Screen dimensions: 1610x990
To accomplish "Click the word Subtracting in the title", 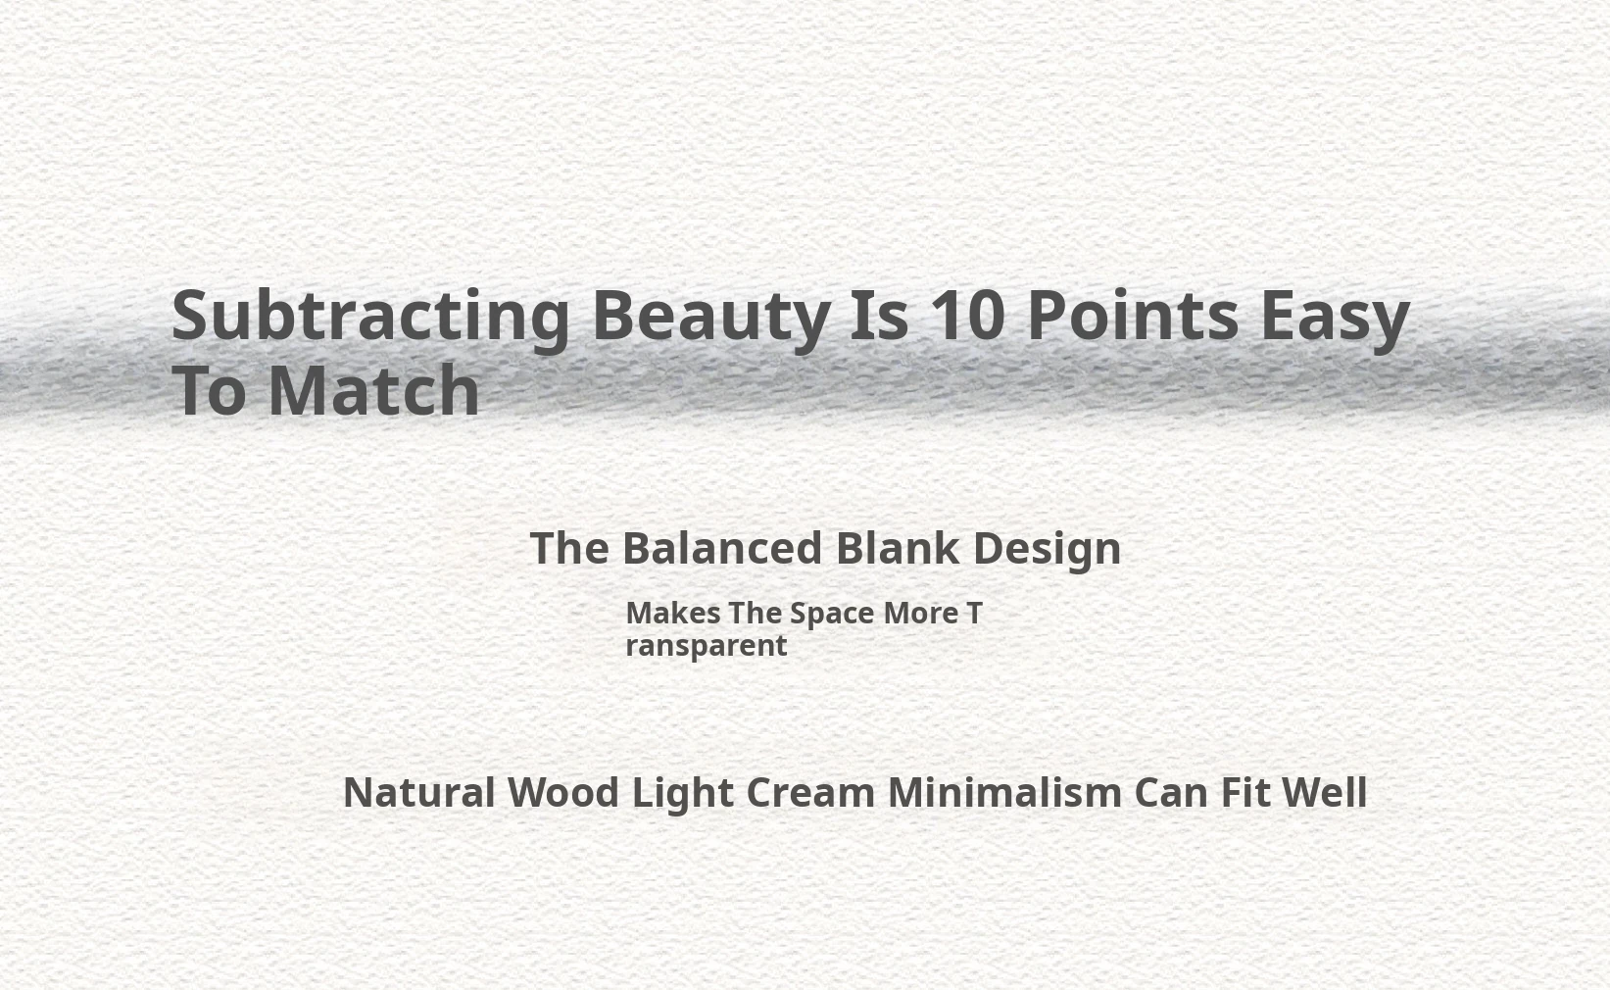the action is coord(370,318).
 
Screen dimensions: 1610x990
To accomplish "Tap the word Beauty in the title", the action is coord(711,318).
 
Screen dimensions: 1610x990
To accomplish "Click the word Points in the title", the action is coord(1134,315).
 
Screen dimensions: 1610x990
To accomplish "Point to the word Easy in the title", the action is coord(1335,318).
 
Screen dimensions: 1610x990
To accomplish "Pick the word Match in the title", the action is coord(373,390).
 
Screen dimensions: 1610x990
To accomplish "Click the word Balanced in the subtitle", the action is coord(721,549).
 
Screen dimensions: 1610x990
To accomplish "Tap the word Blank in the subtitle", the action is coord(897,549).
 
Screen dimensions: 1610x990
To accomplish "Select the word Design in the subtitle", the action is coord(1047,551).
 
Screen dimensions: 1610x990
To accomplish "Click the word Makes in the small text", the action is coord(673,614).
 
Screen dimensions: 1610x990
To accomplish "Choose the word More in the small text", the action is coord(921,614).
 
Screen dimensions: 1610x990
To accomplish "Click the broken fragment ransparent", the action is coord(706,646).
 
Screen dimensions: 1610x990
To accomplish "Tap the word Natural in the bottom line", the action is coord(419,792).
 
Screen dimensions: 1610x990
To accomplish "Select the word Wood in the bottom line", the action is coord(562,792).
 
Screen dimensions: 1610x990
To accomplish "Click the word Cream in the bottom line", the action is coord(810,792).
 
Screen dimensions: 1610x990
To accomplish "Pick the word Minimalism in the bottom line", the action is coord(1004,792).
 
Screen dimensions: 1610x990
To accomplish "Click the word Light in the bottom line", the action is coord(683,795).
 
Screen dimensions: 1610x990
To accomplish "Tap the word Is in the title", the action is coord(879,315).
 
